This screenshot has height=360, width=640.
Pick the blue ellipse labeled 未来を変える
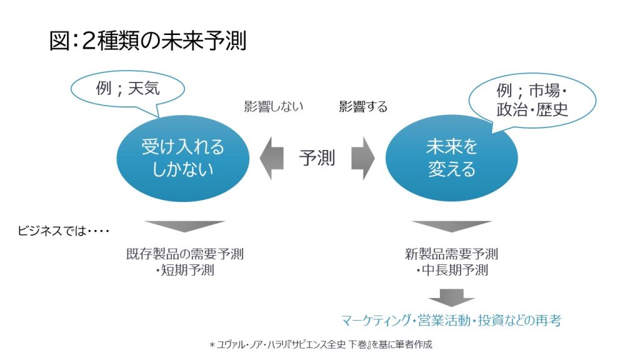click(451, 157)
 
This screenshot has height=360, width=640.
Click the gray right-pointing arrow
click(362, 158)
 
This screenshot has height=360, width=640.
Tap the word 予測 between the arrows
click(317, 158)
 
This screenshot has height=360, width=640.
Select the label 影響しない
click(273, 106)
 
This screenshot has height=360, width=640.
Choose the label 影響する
click(363, 107)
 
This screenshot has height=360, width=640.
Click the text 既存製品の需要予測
click(184, 254)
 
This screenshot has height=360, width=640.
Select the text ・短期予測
click(184, 271)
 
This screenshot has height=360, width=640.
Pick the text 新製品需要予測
click(451, 254)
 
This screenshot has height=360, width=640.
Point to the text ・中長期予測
click(451, 271)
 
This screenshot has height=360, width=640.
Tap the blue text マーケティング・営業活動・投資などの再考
click(451, 321)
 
